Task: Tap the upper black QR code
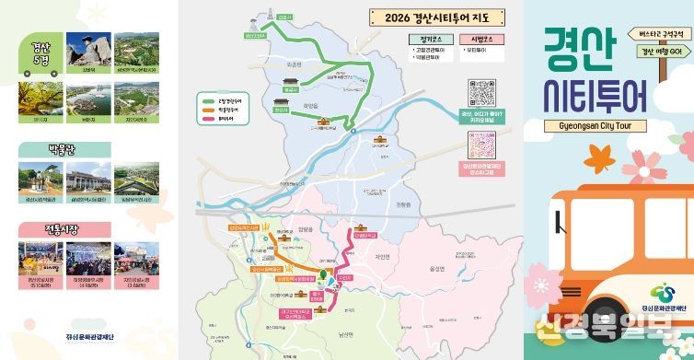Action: tap(481, 92)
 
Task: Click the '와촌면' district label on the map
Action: tap(295, 65)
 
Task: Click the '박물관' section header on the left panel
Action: tap(64, 150)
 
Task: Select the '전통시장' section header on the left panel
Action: tap(64, 228)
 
